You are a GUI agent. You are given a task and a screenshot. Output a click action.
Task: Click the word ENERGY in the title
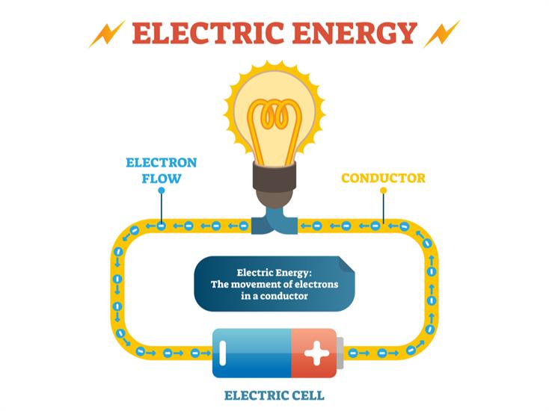pyautogui.click(x=354, y=33)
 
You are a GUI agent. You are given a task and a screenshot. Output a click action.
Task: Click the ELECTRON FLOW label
pyautogui.click(x=162, y=170)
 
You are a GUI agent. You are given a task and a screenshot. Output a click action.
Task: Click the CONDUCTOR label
pyautogui.click(x=383, y=179)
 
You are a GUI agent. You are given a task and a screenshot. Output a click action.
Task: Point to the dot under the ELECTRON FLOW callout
pyautogui.click(x=162, y=191)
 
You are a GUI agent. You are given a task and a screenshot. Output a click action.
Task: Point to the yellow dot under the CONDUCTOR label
pyautogui.click(x=383, y=191)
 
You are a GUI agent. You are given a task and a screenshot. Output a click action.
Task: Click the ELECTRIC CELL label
pyautogui.click(x=274, y=394)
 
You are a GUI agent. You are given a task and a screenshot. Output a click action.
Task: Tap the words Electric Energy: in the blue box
pyautogui.click(x=269, y=273)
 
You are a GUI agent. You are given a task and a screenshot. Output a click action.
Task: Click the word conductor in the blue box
pyautogui.click(x=285, y=297)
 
